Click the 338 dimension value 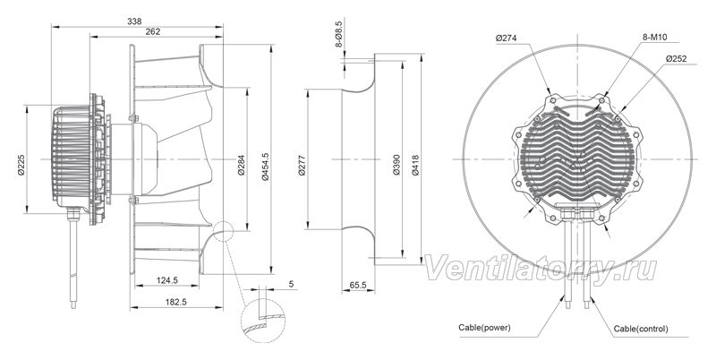coord(135,21)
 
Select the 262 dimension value coord(152,31)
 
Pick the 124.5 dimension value coord(167,281)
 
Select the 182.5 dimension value coord(175,302)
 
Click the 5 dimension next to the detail coord(292,284)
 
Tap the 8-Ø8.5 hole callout coord(339,34)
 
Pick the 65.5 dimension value coord(358,285)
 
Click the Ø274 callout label coord(506,39)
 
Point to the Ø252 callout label coord(677,58)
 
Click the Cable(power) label coord(484,328)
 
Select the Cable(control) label coord(641,329)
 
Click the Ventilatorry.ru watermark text coord(541,268)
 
